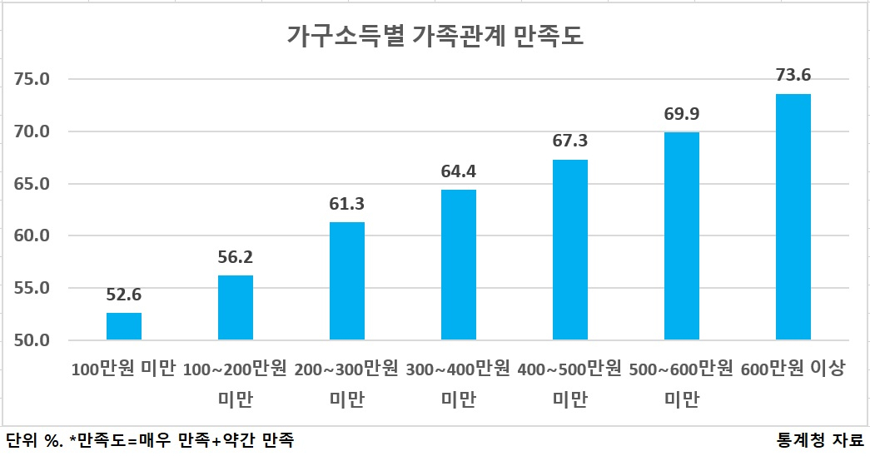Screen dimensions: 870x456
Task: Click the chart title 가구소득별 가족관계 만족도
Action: (435, 36)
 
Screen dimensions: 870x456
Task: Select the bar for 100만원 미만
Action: (124, 326)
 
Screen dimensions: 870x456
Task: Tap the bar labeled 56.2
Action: (236, 307)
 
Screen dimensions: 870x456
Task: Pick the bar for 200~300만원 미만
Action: (347, 280)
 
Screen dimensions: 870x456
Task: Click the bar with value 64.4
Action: (458, 265)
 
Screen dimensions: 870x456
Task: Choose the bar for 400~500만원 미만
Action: (569, 250)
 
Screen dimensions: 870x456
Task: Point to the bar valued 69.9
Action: (681, 235)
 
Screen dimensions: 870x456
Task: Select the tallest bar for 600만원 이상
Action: (793, 217)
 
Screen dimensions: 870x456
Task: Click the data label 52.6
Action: (124, 295)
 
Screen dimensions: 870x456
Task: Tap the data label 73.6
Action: (793, 75)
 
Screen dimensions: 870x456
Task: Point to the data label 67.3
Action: (569, 141)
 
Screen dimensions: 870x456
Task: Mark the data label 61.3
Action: (347, 204)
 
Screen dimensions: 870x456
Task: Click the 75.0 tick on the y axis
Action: (32, 79)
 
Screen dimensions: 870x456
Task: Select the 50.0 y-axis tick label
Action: (32, 340)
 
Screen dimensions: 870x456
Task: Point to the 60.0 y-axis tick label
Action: (32, 235)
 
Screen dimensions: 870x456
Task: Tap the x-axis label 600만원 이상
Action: (793, 369)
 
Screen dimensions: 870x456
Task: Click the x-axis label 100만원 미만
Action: (124, 369)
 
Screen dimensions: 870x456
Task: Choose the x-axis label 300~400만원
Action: (458, 369)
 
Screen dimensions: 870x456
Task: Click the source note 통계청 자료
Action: (821, 440)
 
